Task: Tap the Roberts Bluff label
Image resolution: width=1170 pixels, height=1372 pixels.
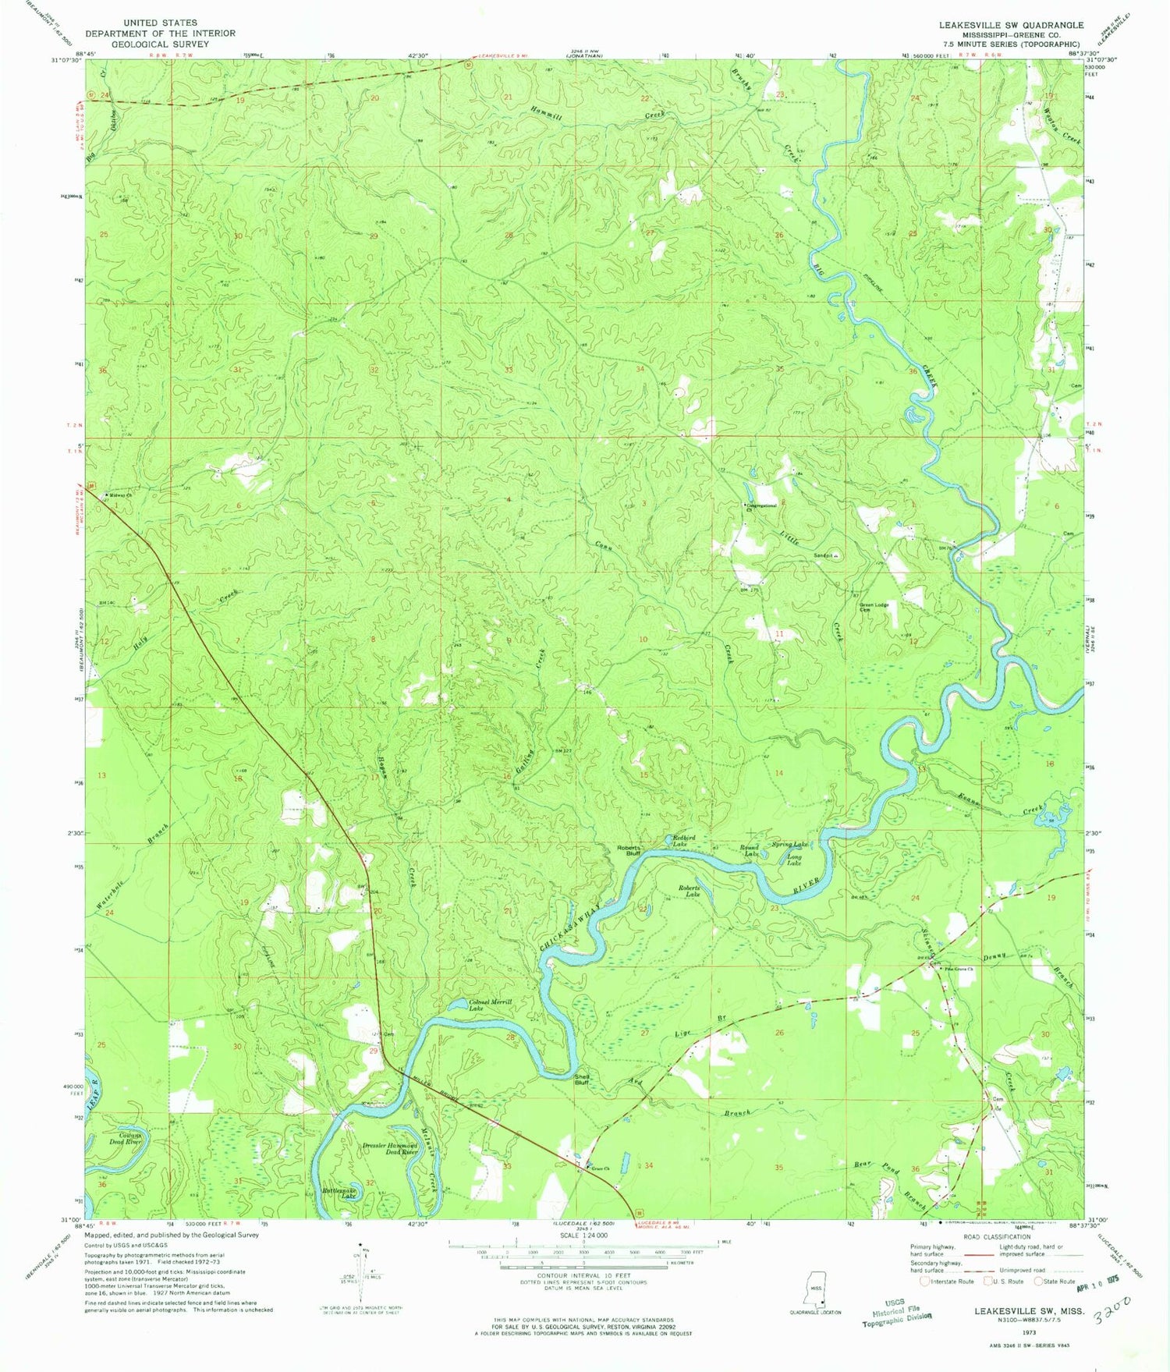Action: (x=629, y=850)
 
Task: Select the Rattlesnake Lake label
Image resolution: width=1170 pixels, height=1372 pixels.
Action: (x=340, y=1193)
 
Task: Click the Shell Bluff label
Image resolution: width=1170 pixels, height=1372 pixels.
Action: (x=582, y=1080)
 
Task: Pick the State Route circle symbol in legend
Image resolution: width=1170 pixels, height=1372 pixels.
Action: (x=1039, y=1281)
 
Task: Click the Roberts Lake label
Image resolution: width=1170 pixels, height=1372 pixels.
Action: (x=689, y=892)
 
